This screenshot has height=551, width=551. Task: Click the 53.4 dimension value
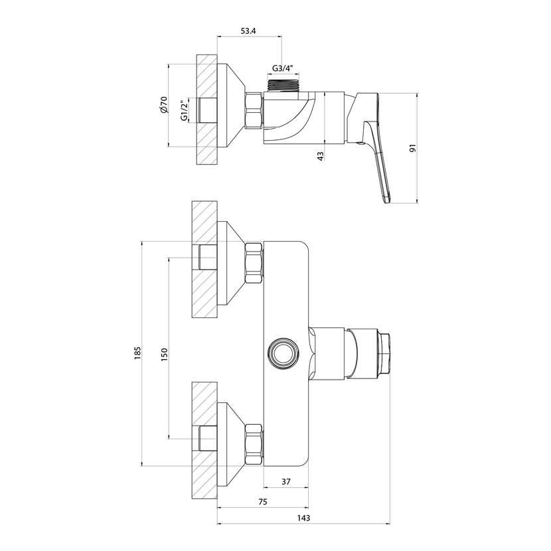[248, 31]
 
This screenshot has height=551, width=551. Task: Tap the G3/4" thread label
[283, 68]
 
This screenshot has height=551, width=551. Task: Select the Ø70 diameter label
[164, 105]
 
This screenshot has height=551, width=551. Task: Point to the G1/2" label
[184, 111]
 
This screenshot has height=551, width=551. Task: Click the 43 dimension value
[320, 157]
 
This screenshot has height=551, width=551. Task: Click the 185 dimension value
[137, 353]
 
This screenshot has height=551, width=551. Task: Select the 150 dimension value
[164, 354]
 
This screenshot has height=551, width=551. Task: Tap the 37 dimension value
[286, 481]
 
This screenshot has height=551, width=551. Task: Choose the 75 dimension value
[262, 502]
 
